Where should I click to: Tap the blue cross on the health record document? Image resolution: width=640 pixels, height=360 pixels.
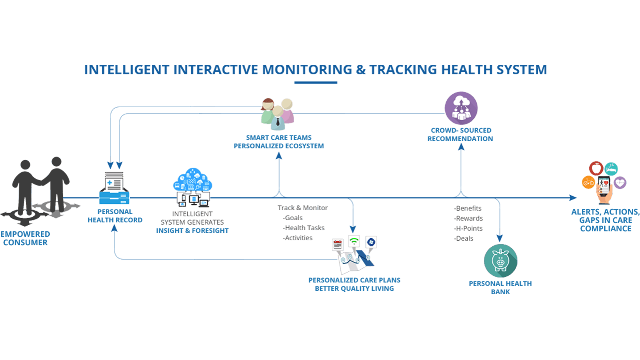pyautogui.click(x=109, y=183)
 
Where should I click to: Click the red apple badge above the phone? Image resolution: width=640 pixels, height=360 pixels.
pyautogui.click(x=595, y=167)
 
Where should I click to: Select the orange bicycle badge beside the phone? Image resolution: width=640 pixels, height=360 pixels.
pyautogui.click(x=588, y=183)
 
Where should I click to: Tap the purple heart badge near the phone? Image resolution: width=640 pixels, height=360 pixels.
pyautogui.click(x=620, y=183)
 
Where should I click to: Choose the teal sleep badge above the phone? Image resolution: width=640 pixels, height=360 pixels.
pyautogui.click(x=611, y=168)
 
